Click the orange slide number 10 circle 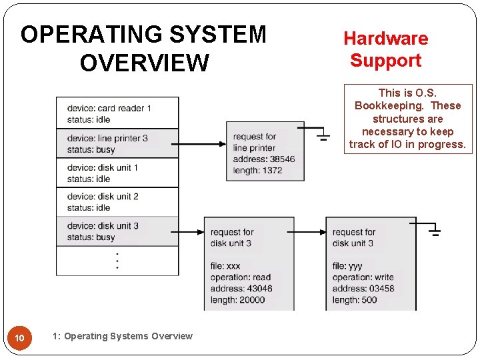[20, 339]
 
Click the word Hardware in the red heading [385, 39]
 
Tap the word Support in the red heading [385, 61]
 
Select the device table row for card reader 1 [117, 113]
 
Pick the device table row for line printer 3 [117, 143]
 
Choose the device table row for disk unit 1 [117, 173]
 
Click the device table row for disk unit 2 [117, 202]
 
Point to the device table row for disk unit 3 [117, 231]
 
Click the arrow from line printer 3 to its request [203, 143]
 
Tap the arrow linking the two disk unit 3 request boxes [306, 232]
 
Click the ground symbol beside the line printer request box [323, 135]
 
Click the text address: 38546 [264, 159]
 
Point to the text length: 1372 [257, 170]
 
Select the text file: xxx [225, 266]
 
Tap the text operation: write [363, 277]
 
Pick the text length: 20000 [237, 300]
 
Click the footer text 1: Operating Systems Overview [122, 336]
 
